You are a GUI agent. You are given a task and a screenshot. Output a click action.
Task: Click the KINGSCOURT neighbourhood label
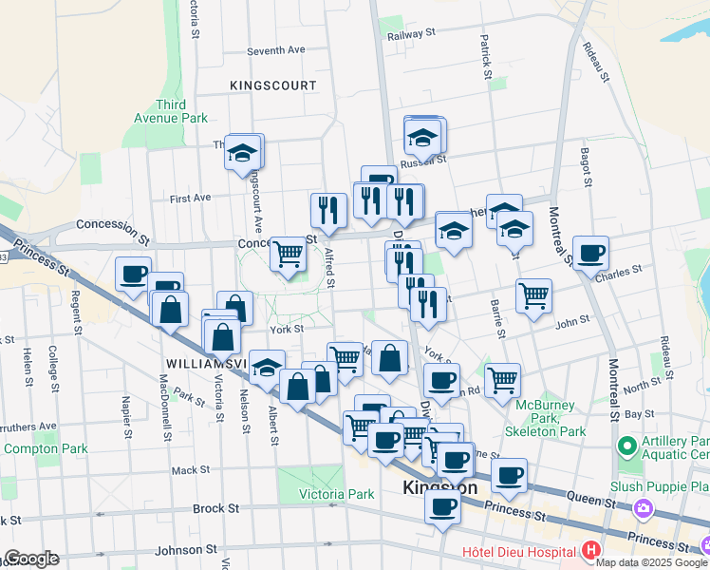pyautogui.click(x=272, y=85)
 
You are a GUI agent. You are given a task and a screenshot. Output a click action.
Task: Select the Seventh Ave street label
pyautogui.click(x=275, y=50)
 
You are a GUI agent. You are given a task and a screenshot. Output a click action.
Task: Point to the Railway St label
pyautogui.click(x=410, y=32)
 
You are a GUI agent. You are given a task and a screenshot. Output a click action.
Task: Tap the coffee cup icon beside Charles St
pyautogui.click(x=590, y=253)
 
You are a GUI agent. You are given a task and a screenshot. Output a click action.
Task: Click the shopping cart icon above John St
pyautogui.click(x=534, y=295)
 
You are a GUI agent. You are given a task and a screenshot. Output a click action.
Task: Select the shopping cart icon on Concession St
pyautogui.click(x=288, y=254)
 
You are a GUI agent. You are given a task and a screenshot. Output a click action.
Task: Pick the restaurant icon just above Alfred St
pyautogui.click(x=328, y=210)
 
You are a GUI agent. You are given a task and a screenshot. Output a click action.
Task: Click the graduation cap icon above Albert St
pyautogui.click(x=267, y=367)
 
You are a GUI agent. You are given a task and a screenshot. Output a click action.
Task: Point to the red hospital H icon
pyautogui.click(x=592, y=550)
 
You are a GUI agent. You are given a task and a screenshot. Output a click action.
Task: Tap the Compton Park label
pyautogui.click(x=46, y=448)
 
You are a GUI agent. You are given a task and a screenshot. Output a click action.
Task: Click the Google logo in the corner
pyautogui.click(x=31, y=559)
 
